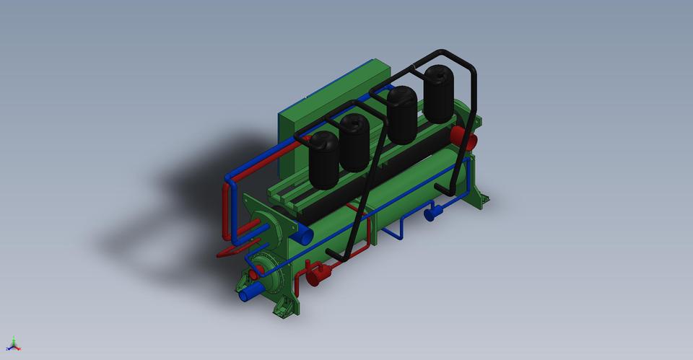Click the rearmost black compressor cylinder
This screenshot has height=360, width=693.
(x=440, y=94)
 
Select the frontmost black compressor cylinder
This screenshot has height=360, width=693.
(x=323, y=160)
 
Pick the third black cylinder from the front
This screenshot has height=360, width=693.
(x=402, y=114)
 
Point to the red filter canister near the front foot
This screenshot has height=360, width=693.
(x=317, y=274)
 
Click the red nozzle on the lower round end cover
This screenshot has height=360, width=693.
(x=257, y=271)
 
